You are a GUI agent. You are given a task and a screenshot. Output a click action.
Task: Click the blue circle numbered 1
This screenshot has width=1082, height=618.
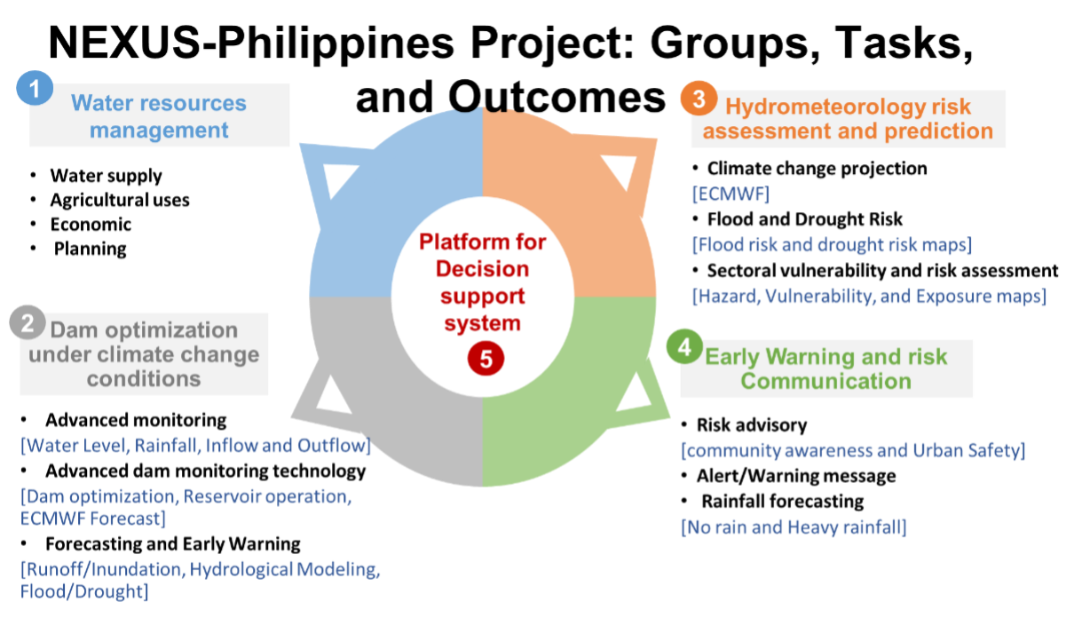pos(35,89)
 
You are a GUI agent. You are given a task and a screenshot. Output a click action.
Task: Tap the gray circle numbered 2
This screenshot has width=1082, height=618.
pos(28,323)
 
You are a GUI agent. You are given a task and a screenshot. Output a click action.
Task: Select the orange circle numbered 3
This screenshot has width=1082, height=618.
pos(699,99)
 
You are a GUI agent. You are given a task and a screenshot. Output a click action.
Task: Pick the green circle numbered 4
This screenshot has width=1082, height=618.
pos(684,347)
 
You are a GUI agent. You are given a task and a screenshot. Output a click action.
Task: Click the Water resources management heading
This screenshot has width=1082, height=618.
pos(159,116)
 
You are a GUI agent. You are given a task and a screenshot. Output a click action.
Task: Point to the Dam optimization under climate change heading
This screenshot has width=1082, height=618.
pos(144,354)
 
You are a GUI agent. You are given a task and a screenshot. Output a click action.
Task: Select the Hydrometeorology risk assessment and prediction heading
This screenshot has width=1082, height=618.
pos(848,119)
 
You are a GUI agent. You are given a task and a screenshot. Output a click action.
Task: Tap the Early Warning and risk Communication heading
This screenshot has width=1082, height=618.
pos(826,368)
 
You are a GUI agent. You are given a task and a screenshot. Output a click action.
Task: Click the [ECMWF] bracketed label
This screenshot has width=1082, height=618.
pos(731,194)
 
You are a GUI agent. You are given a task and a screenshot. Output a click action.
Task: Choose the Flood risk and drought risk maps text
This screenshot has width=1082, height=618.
pos(832,245)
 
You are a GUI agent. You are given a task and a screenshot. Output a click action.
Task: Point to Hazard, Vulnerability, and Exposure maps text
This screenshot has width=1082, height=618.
pos(869,297)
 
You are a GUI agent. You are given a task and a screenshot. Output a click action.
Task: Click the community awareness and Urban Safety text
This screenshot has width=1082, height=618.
pos(853,450)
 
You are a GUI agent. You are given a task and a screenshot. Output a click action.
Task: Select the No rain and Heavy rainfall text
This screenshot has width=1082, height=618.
pos(794,527)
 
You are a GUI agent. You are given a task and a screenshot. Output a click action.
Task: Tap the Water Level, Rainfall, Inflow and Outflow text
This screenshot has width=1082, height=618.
pos(195,446)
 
